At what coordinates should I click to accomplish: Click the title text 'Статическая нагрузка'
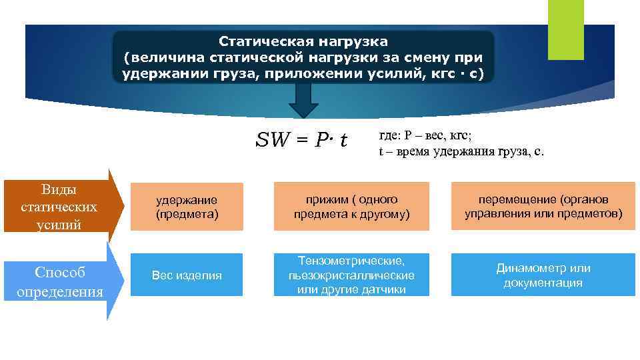coord(303,42)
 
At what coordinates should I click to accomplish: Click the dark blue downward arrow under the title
coord(303,101)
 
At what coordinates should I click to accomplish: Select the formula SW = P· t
coord(301,140)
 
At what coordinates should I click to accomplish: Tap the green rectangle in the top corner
coord(565,29)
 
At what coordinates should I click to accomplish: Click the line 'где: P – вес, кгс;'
coord(425,135)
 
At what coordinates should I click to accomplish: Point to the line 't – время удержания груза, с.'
coord(461,151)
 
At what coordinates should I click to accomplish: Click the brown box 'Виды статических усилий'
coord(59,207)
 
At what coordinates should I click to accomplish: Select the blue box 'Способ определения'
coord(59,282)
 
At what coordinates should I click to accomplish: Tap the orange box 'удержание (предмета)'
coord(187,207)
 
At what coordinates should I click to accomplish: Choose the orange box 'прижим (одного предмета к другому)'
coord(351,207)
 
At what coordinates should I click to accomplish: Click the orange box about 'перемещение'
coord(543,207)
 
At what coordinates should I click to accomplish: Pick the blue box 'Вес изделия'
coord(187,275)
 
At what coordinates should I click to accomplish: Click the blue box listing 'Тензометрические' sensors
coord(351,275)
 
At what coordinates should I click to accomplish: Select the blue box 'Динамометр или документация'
coord(543,275)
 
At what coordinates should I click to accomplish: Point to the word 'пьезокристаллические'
coord(351,275)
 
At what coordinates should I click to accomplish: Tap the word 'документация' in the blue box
coord(543,283)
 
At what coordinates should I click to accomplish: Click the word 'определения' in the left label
coord(59,292)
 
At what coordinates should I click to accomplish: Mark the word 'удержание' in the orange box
coord(187,199)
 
